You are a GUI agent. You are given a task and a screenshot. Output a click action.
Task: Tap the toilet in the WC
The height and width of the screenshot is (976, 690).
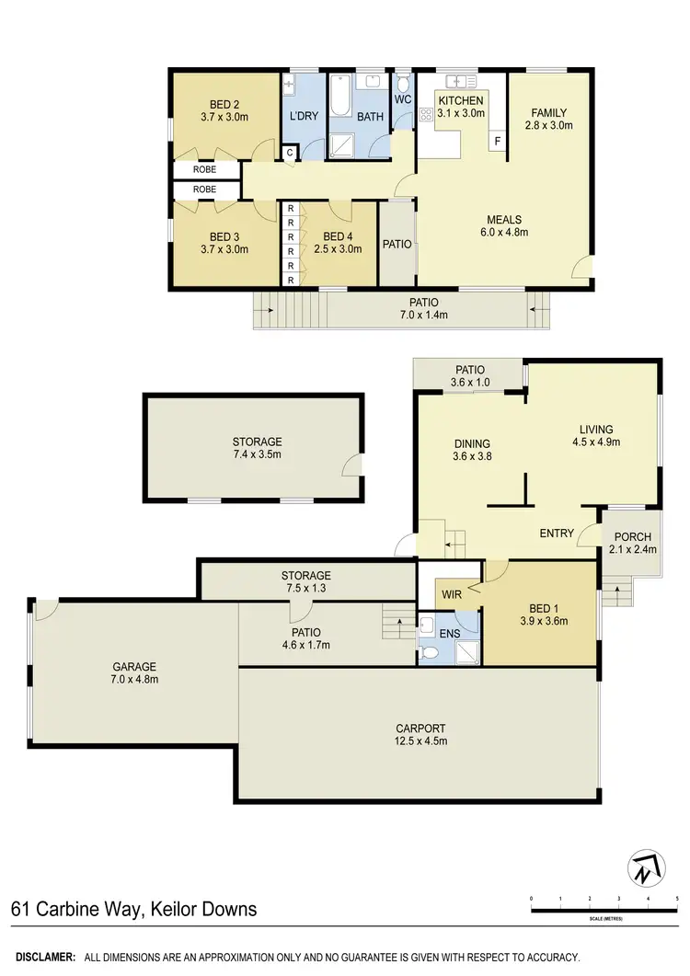tap(402, 112)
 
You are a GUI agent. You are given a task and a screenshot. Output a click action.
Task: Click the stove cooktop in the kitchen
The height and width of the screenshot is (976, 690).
tap(426, 115)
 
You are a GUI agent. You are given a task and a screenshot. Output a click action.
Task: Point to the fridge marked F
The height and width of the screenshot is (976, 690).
tap(497, 142)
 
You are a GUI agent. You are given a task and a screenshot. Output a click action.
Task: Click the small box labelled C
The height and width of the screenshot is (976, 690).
tap(290, 153)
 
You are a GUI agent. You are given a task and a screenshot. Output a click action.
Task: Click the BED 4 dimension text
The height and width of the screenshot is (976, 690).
tap(328, 248)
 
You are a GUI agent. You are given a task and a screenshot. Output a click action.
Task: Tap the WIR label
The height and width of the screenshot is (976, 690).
tap(450, 595)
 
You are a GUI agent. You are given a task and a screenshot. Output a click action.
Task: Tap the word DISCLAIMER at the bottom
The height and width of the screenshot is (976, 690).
tap(42, 958)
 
